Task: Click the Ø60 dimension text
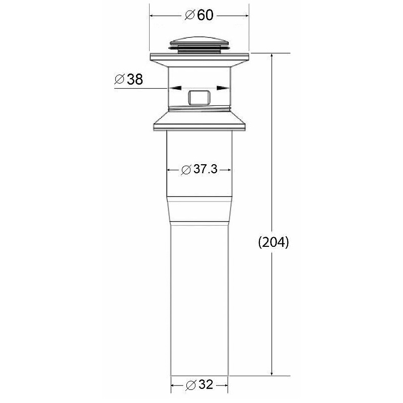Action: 199,15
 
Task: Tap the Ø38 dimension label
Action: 128,79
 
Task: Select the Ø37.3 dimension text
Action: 199,169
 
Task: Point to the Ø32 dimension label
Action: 199,385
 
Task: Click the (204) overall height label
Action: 274,242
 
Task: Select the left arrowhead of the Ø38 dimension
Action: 175,88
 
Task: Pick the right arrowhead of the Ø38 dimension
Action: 223,88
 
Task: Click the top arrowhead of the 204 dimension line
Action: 272,56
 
